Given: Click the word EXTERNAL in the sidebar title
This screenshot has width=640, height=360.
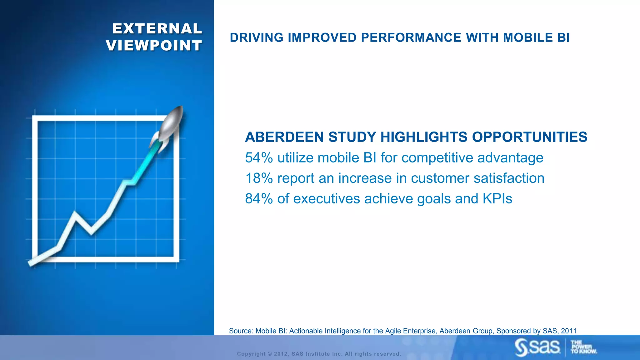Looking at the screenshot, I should [157, 29].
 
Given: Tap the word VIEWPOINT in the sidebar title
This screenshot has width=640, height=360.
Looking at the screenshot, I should [154, 46].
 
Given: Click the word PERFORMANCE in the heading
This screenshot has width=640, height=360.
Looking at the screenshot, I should [411, 37].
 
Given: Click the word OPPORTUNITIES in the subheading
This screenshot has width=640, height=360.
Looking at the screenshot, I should [529, 137].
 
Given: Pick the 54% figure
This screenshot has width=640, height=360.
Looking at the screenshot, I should [259, 158].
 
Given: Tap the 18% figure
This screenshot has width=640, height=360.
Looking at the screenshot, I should [259, 178].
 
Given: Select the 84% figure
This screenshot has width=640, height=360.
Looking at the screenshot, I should [259, 199].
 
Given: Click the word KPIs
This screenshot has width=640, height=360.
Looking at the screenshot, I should [497, 199].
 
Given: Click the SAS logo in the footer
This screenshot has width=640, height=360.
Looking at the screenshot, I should [538, 347].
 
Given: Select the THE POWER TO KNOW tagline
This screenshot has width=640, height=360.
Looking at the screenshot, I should [583, 347].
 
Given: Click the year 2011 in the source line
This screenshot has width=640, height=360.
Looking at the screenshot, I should [568, 331].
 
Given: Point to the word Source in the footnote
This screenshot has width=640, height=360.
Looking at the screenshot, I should [240, 331].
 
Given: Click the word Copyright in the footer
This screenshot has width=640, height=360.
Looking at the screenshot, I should [251, 354].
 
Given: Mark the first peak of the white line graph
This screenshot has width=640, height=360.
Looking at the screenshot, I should [75, 214].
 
